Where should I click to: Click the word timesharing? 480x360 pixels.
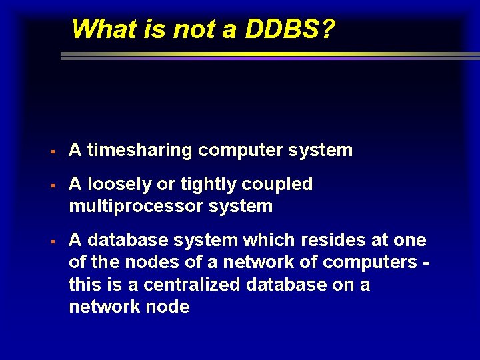(x=141, y=151)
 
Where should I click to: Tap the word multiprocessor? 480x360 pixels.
(x=136, y=206)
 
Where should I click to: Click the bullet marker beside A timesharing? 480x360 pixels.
(x=52, y=151)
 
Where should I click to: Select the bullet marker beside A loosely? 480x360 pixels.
(x=52, y=185)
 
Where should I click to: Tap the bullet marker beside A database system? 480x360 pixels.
(x=52, y=241)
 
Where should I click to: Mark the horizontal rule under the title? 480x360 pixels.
(x=267, y=57)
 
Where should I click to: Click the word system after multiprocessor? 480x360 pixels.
(x=241, y=206)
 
